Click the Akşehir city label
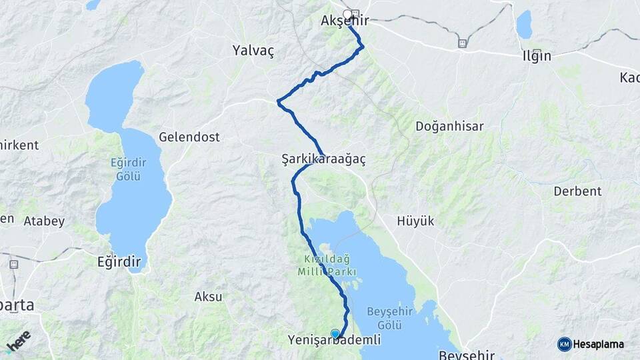[x=345, y=21]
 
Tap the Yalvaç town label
[x=253, y=51]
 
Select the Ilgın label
[x=537, y=56]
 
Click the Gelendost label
[x=189, y=137]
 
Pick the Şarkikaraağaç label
[x=323, y=160]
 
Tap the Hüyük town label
[x=415, y=221]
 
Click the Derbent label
[x=577, y=191]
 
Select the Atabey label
[x=44, y=221]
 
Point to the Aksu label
[x=208, y=297]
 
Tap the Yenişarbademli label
[x=334, y=340]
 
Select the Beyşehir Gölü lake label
[x=389, y=318]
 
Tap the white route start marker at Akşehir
[x=347, y=13]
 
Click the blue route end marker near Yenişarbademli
[x=335, y=333]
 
